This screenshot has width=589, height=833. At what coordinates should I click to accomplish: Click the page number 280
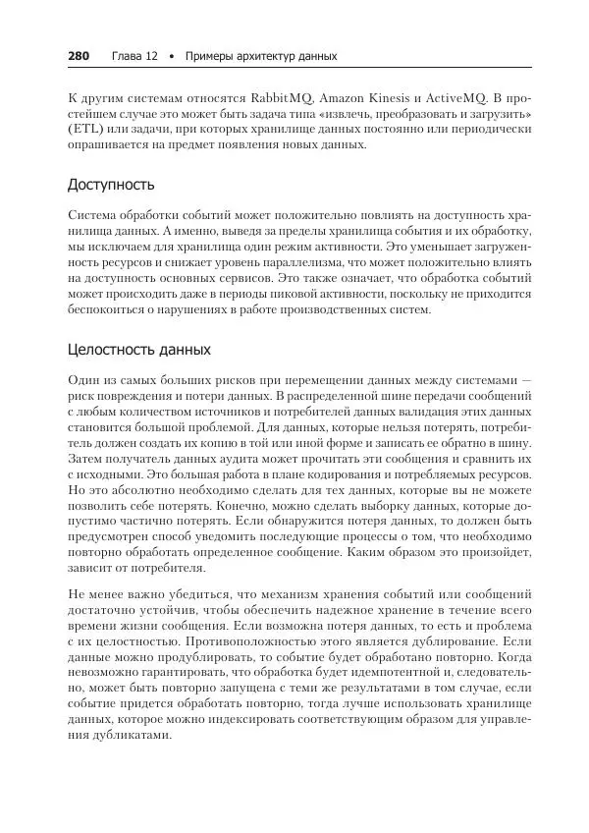click(79, 56)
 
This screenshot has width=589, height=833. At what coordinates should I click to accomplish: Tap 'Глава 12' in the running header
click(135, 56)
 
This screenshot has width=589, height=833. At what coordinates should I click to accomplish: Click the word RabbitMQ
click(285, 98)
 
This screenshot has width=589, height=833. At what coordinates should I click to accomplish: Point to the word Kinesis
click(379, 98)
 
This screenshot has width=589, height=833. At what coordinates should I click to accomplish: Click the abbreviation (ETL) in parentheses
click(83, 130)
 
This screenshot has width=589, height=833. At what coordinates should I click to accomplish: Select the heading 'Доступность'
click(111, 185)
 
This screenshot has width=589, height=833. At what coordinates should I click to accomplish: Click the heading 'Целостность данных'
click(138, 349)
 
